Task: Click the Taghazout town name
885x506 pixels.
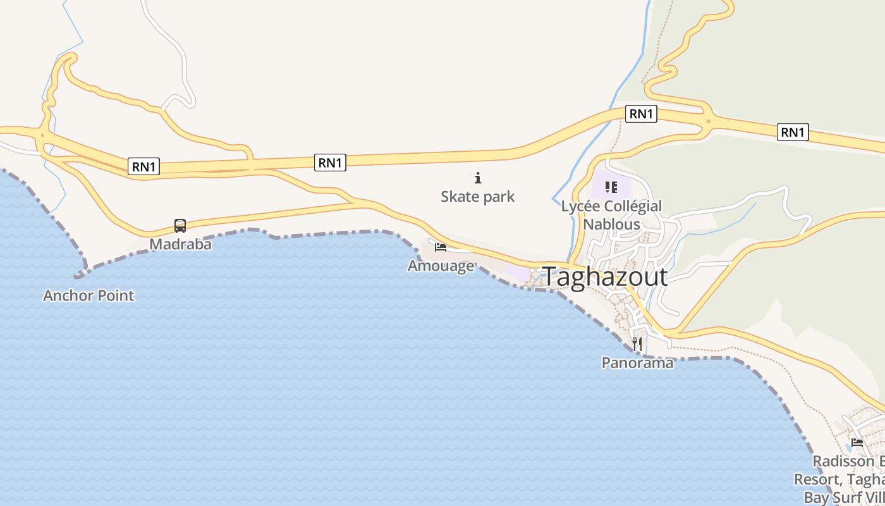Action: coord(604,277)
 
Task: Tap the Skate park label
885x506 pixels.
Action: coord(477,197)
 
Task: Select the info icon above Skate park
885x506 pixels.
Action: coord(478,178)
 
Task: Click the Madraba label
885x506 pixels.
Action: coord(180,244)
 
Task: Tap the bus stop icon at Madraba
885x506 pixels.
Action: coord(180,225)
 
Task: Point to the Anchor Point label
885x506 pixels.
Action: coord(88,295)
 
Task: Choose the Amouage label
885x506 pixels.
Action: coord(441,266)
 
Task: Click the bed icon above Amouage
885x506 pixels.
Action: coord(441,247)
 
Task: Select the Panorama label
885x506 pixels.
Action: coord(637,363)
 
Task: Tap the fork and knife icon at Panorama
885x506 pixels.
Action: coord(637,344)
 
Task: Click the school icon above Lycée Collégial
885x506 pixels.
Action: coord(611,187)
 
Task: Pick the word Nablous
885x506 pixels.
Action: coord(611,225)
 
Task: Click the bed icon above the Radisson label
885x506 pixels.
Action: coord(857,442)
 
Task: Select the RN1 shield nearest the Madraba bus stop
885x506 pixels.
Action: coord(144,166)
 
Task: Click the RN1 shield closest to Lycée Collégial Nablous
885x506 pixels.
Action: coord(641,114)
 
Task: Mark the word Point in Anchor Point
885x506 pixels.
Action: coord(115,295)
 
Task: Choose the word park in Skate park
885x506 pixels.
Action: coord(497,197)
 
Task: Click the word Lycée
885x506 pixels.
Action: coord(580,206)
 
